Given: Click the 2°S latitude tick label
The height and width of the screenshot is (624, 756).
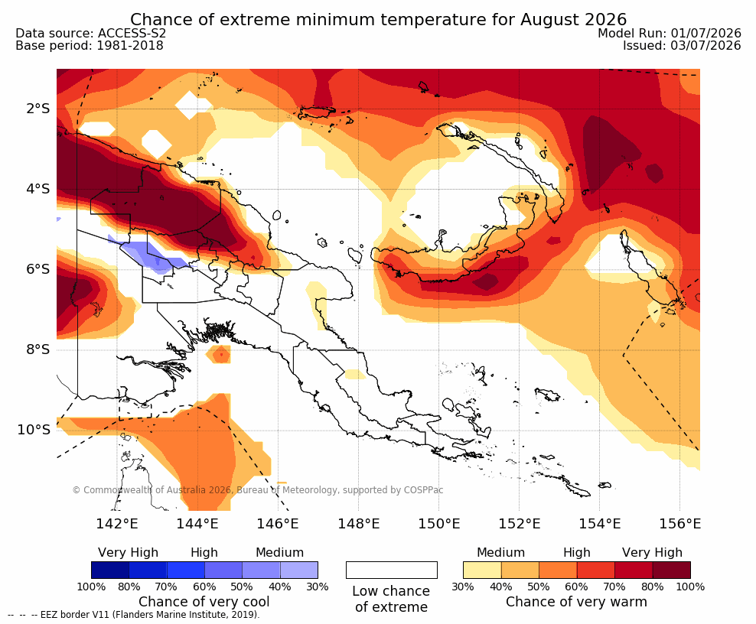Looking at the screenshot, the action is click(x=37, y=109).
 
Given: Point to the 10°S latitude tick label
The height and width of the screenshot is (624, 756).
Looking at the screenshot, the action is click(x=34, y=430).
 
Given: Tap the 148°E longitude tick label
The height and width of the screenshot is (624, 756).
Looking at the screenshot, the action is click(x=359, y=523).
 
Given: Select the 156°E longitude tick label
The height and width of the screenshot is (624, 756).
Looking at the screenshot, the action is click(x=679, y=523).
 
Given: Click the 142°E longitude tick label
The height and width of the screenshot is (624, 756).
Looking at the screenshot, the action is click(x=117, y=523).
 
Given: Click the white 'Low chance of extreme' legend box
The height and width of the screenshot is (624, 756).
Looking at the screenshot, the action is click(x=392, y=570).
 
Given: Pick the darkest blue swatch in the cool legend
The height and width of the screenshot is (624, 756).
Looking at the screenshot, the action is click(x=110, y=570).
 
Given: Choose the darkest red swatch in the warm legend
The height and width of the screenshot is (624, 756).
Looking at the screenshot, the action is click(x=672, y=570).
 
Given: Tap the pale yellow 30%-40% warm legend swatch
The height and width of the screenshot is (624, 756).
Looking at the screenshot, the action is click(x=482, y=570).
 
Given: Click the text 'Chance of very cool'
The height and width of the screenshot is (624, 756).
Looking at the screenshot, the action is click(x=204, y=602).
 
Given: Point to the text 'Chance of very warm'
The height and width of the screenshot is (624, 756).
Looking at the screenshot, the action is click(x=576, y=602).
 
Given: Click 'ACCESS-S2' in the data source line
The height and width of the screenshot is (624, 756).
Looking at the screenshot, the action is click(x=132, y=33).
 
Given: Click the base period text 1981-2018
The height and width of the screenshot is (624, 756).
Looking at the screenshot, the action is click(x=130, y=46).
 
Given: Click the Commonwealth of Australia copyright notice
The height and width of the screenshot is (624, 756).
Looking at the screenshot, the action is click(x=257, y=490).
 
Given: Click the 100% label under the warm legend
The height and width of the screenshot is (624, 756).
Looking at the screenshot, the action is click(x=690, y=587).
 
